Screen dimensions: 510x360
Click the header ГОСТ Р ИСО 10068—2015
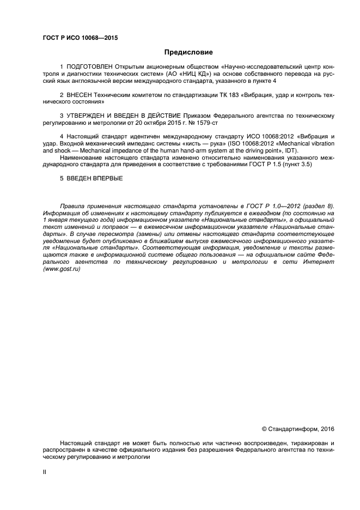80,38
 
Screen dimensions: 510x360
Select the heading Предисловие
188,53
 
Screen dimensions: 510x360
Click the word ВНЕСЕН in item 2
81,94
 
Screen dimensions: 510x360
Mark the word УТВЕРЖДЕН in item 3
89,116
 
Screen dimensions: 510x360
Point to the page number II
45,472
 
